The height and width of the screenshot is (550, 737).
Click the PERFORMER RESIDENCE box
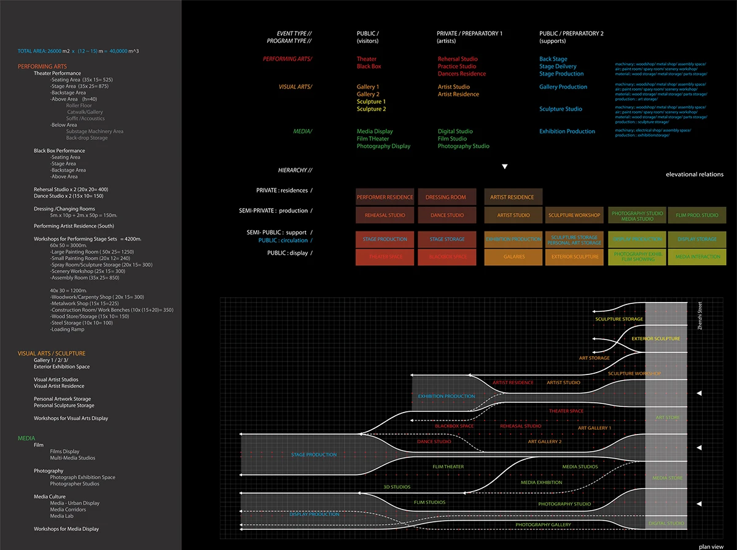coord(385,197)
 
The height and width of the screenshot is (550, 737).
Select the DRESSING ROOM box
coord(446,197)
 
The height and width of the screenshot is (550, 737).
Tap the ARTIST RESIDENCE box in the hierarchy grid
coord(512,197)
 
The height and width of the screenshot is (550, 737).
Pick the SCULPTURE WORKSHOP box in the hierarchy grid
coord(574,215)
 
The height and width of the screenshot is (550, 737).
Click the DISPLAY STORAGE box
coord(697,239)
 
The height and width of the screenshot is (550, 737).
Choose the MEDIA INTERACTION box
coord(697,257)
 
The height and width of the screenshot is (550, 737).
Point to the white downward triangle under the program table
coord(505,166)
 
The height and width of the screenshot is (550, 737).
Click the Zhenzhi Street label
coord(700,316)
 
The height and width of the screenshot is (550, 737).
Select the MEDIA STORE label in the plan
coord(666,478)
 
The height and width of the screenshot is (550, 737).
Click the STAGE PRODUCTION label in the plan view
coord(314,455)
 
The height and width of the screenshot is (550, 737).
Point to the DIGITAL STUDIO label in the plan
coord(666,524)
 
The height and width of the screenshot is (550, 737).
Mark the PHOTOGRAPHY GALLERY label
coord(543,525)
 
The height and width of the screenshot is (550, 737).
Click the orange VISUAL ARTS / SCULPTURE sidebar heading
coord(52,354)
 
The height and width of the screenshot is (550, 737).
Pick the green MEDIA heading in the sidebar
coord(26,438)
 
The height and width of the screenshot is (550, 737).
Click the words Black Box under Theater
coord(368,66)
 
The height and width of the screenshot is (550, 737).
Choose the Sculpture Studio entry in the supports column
coord(561,109)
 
